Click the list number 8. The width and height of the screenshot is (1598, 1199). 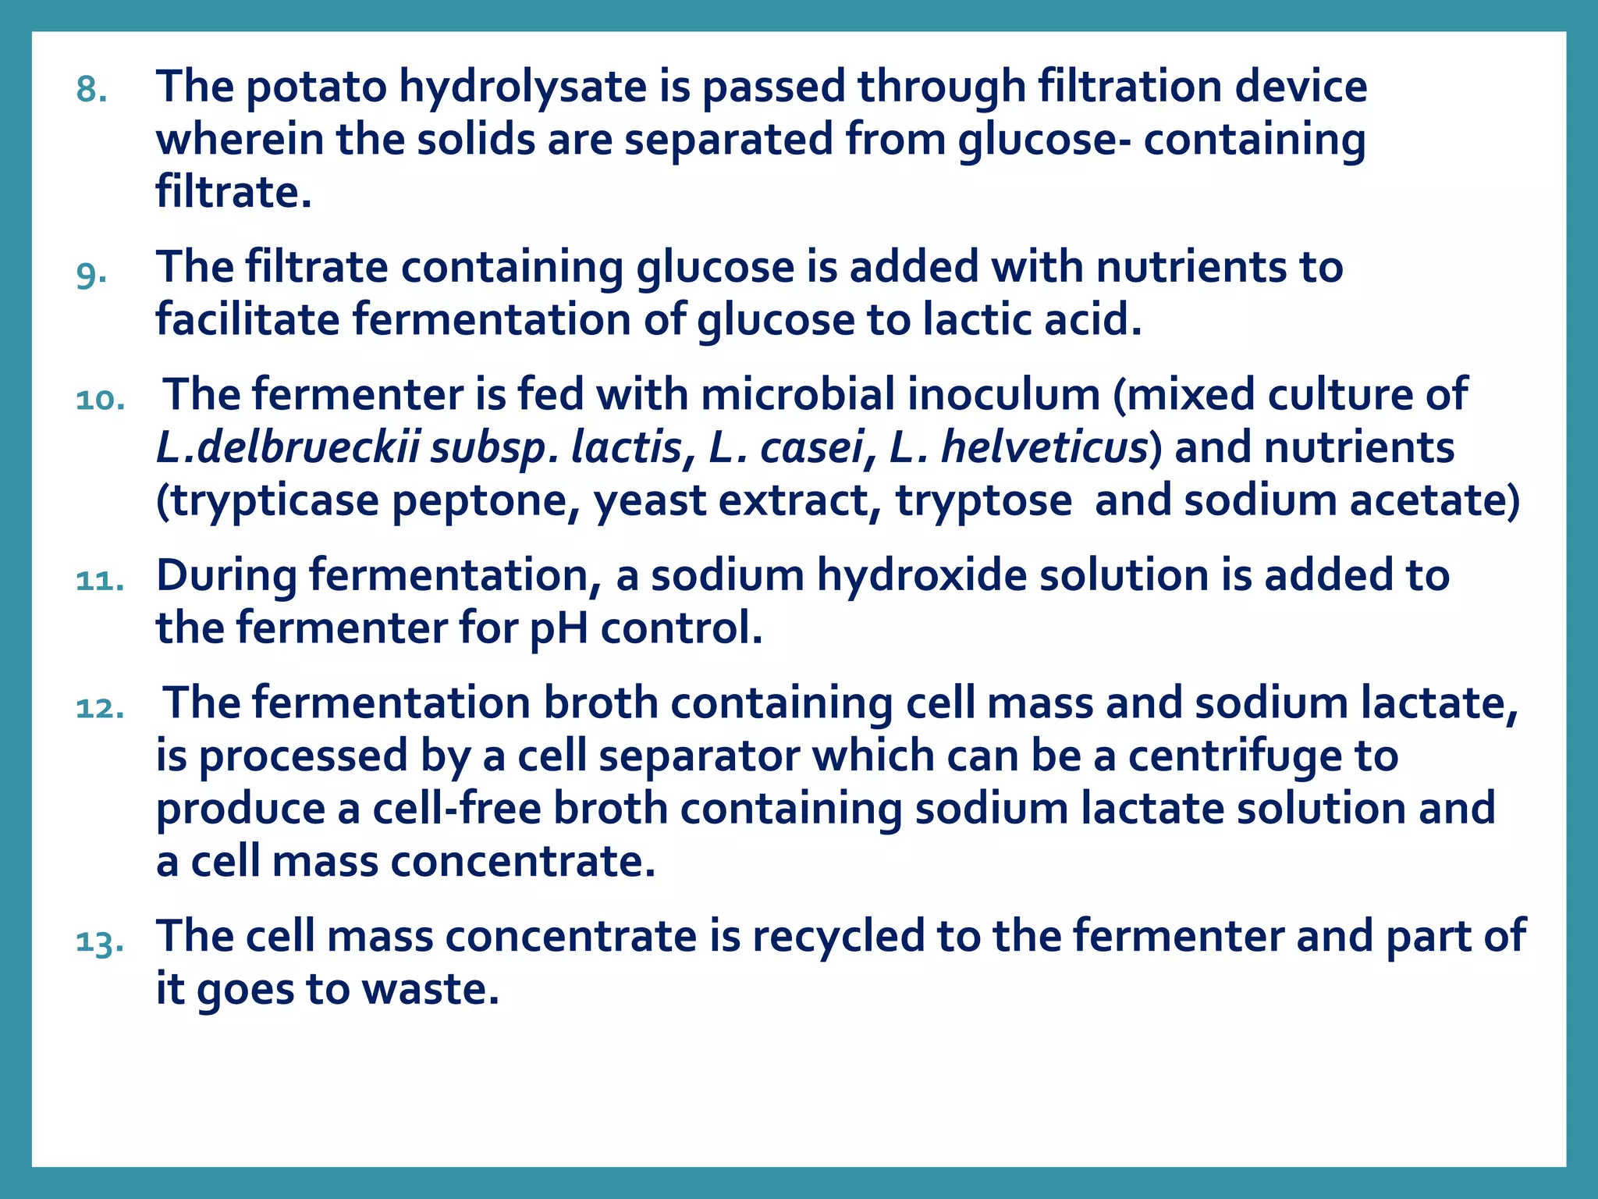[x=91, y=90]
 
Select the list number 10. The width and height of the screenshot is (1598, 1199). [x=100, y=400]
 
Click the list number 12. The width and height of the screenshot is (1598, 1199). [x=100, y=708]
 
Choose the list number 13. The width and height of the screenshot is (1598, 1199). [x=100, y=941]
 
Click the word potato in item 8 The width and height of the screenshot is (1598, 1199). [x=317, y=86]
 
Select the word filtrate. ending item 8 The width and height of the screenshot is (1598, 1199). [x=233, y=192]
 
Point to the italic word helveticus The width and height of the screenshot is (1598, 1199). [x=1045, y=447]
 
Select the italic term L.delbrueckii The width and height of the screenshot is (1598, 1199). [x=287, y=447]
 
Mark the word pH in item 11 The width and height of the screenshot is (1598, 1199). [x=559, y=628]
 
